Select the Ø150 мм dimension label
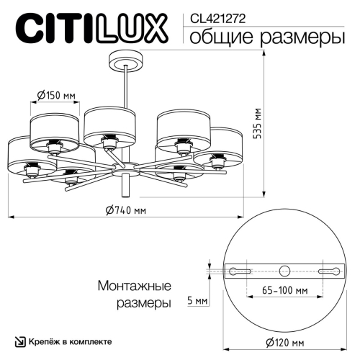click(x=55, y=94)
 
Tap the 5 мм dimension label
click(x=197, y=300)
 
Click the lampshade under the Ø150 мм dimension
click(x=54, y=127)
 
